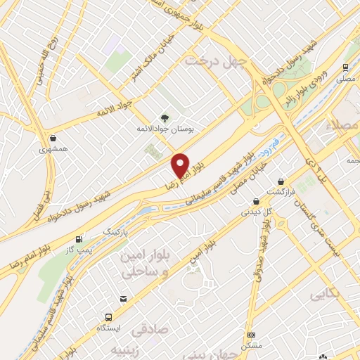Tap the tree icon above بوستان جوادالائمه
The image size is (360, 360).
click(165, 118)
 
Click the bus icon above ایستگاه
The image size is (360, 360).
click(108, 317)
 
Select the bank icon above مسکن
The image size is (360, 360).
click(252, 335)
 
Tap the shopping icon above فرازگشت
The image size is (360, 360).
click(282, 181)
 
